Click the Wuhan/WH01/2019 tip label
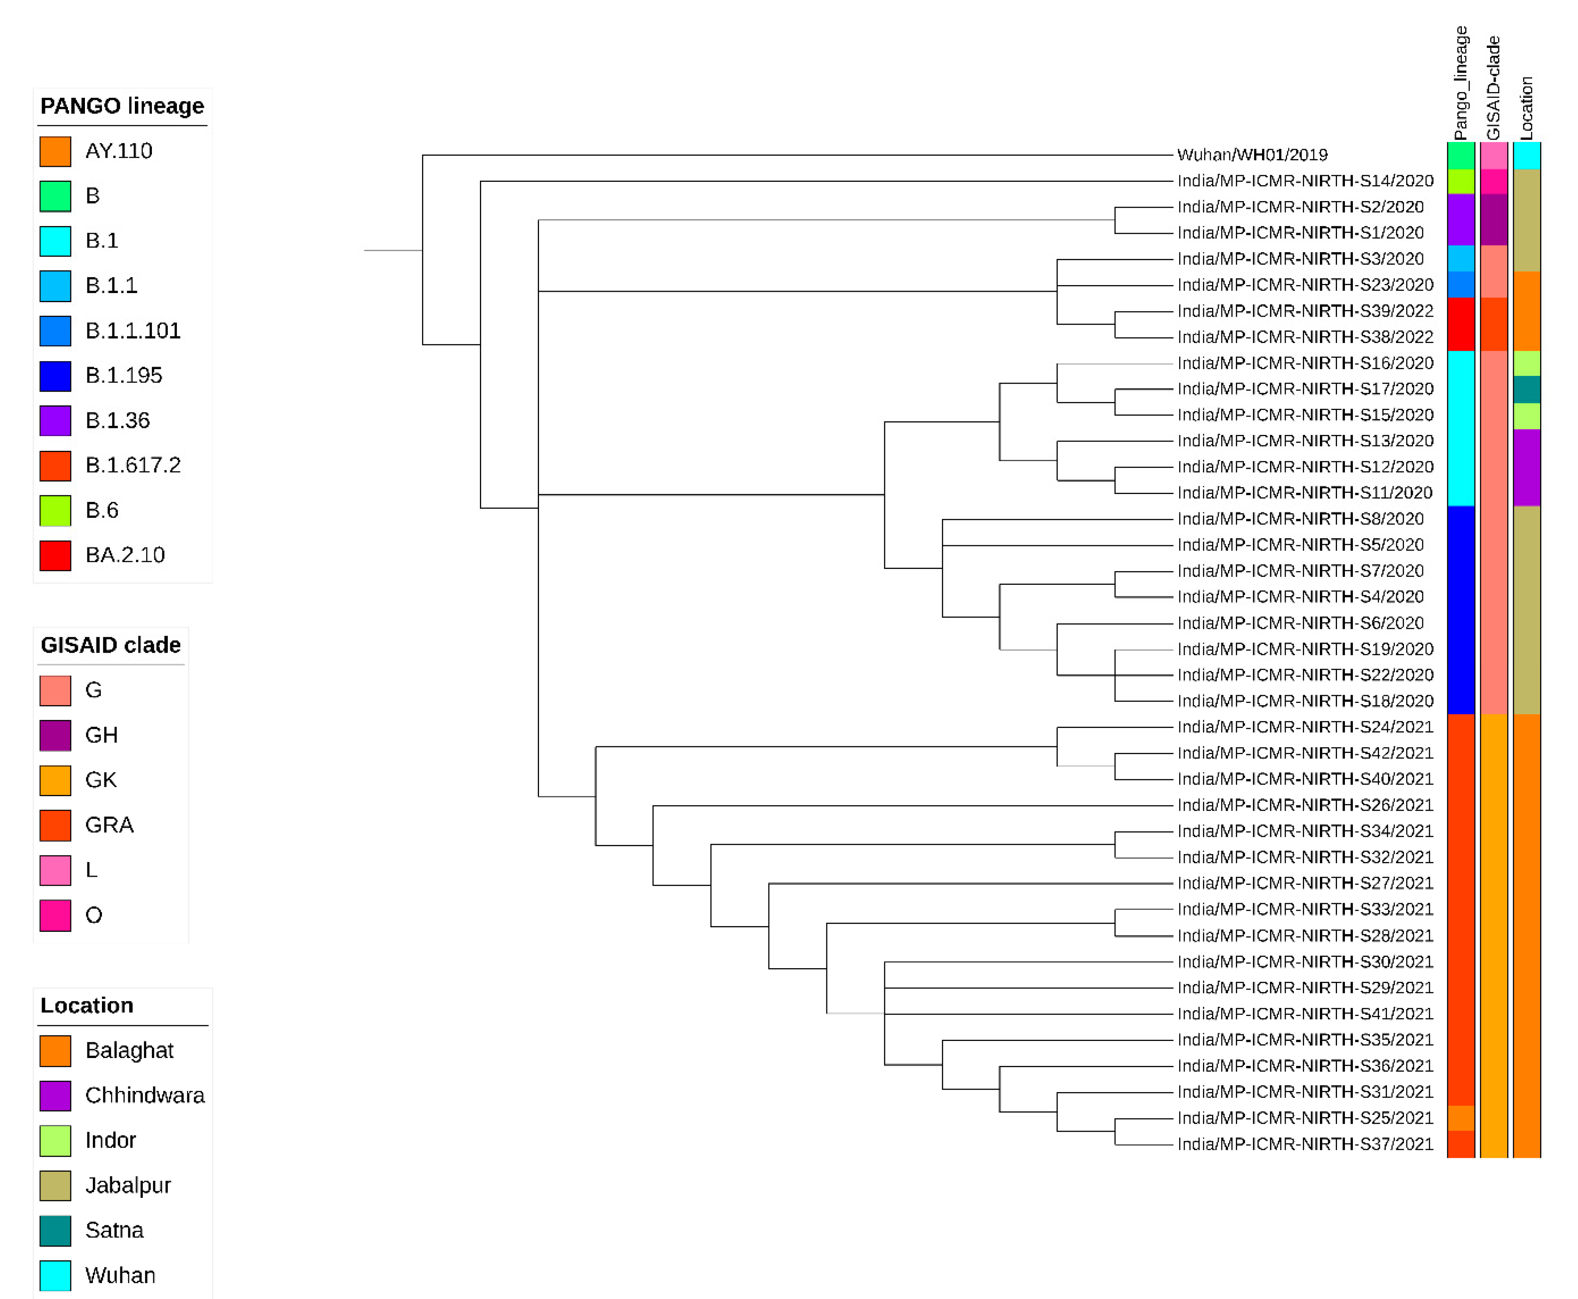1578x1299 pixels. click(1252, 155)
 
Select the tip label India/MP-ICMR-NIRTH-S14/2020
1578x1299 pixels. click(1305, 181)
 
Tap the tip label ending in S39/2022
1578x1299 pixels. click(1305, 310)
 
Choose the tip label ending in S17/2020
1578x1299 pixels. click(1305, 389)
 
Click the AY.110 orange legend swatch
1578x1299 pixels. click(55, 151)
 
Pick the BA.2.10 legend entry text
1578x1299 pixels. click(125, 555)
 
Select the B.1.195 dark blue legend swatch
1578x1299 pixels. click(55, 376)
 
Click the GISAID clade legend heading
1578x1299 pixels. click(111, 645)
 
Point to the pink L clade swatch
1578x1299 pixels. click(55, 870)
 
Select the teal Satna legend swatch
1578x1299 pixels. click(55, 1230)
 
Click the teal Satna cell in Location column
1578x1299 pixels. click(1526, 389)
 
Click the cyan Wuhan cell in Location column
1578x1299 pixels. click(1526, 156)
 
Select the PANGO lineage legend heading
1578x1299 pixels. click(122, 106)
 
